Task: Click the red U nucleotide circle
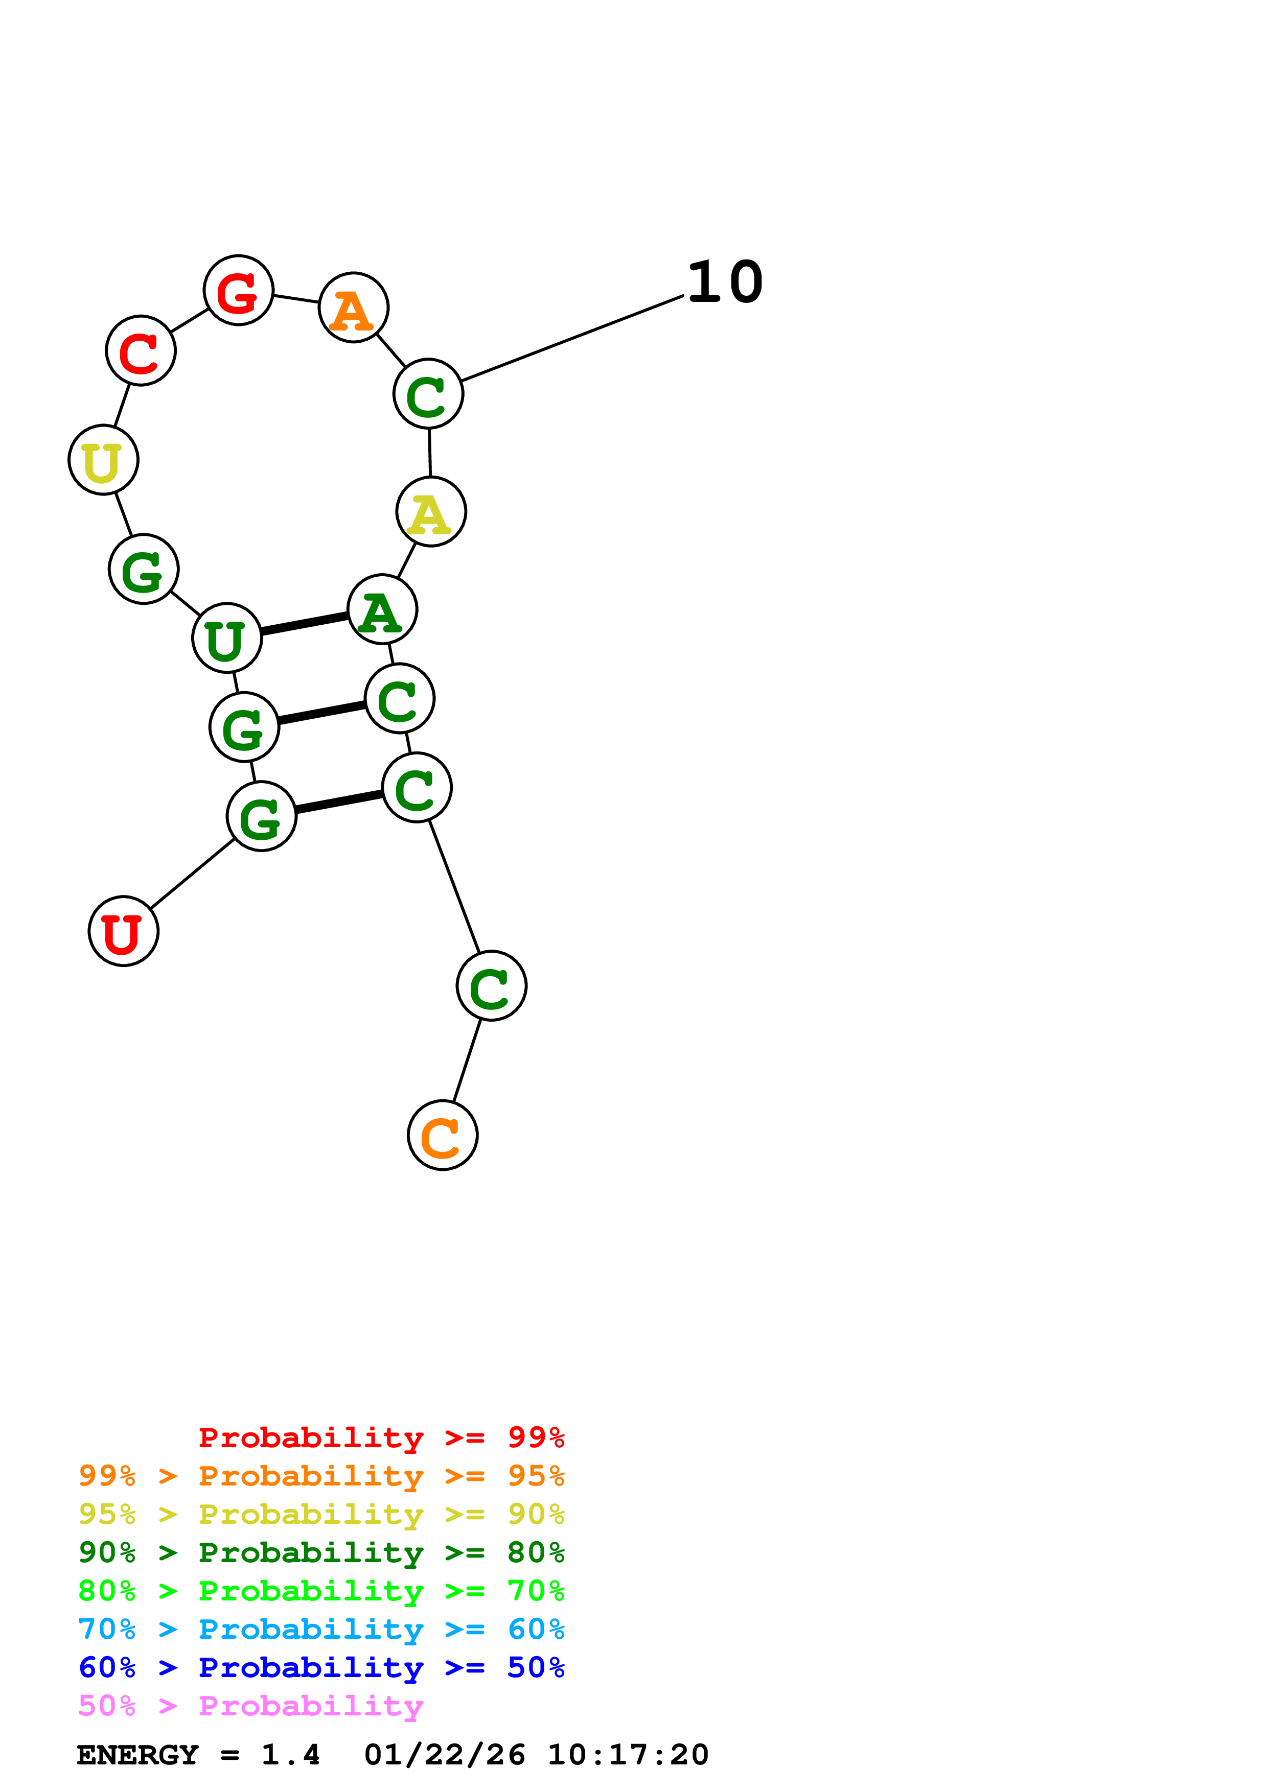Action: [x=123, y=931]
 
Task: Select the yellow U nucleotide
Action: [x=104, y=460]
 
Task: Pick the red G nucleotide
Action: [x=238, y=290]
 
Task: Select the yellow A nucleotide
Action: [x=431, y=512]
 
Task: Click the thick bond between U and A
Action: [x=305, y=624]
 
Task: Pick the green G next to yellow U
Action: [x=144, y=569]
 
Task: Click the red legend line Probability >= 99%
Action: [x=381, y=1437]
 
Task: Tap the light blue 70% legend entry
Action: [x=321, y=1629]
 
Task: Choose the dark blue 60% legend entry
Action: [x=321, y=1667]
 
